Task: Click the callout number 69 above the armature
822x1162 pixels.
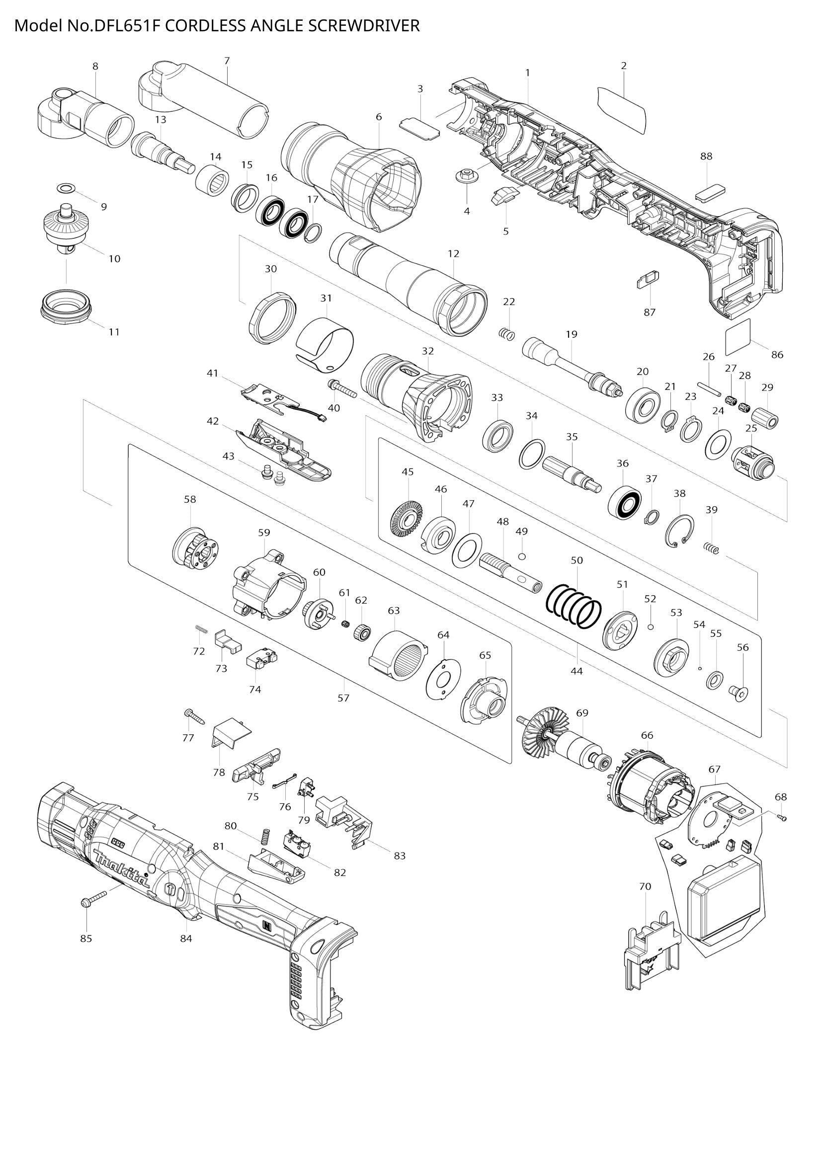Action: [x=582, y=713]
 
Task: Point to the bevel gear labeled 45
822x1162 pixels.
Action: [x=407, y=519]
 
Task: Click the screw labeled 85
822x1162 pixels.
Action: [x=94, y=899]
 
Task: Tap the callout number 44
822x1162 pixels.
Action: [x=576, y=671]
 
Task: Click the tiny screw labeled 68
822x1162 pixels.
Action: [x=784, y=818]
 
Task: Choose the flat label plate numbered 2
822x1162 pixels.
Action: [x=622, y=110]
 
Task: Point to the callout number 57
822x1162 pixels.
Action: [x=343, y=698]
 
